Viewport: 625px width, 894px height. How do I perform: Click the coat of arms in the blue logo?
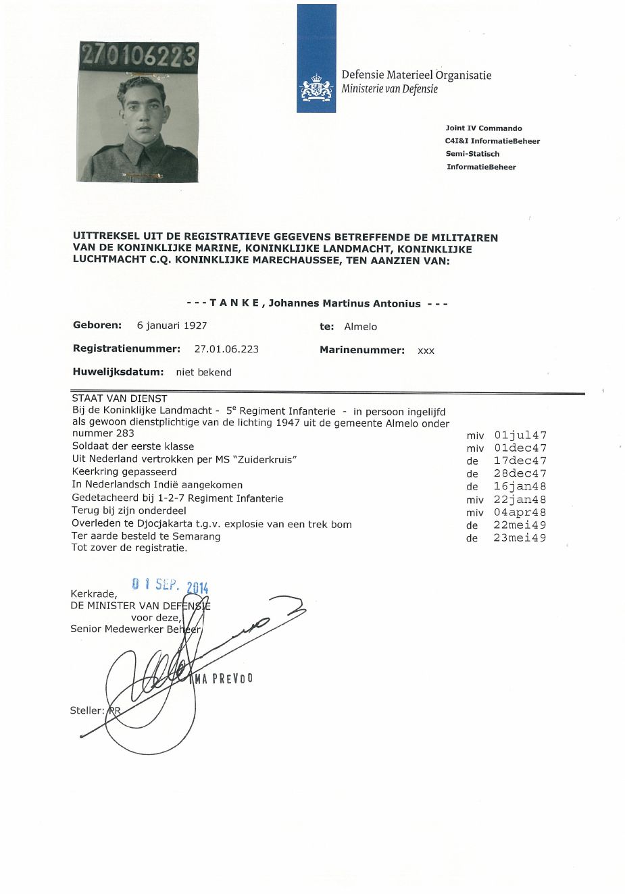pos(317,88)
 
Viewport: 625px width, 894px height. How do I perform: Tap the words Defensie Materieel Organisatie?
pos(416,75)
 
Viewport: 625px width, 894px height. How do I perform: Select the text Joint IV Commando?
pos(484,128)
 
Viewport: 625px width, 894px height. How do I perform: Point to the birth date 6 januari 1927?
pos(172,325)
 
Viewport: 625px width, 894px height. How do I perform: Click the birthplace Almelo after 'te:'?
pos(361,327)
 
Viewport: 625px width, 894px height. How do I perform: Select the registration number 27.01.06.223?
pos(226,349)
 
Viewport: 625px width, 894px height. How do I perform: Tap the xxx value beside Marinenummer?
pos(426,350)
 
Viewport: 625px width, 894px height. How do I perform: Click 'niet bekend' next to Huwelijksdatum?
pos(203,372)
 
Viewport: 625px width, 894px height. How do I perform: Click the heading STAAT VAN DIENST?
pos(119,398)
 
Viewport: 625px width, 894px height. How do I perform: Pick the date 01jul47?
pos(520,436)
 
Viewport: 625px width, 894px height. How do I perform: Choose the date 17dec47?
pos(520,461)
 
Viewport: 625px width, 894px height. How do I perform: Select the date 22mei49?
pos(520,525)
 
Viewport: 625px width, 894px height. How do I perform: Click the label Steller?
pos(87,710)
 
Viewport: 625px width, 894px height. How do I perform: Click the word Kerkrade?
pos(91,594)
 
